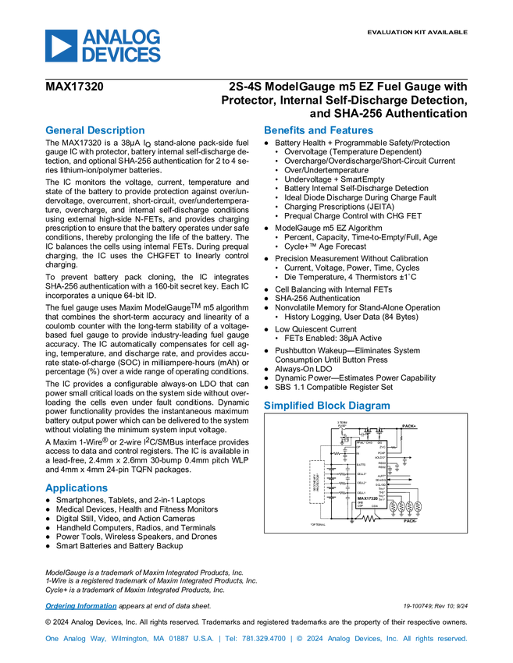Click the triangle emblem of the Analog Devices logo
pyautogui.click(x=60, y=46)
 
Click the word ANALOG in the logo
pyautogui.click(x=122, y=37)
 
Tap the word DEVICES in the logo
pyautogui.click(x=122, y=55)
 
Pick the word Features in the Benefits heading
pyautogui.click(x=352, y=130)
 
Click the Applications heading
pyautogui.click(x=76, y=488)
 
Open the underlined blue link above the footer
pyautogui.click(x=80, y=606)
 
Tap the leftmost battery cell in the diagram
pyautogui.click(x=394, y=507)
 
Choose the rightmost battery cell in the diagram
pyautogui.click(x=419, y=507)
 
